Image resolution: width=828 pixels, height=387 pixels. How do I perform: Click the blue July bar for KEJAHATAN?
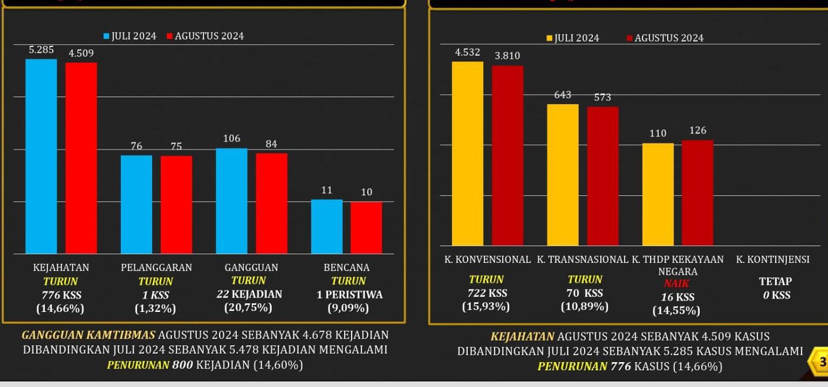[41, 156]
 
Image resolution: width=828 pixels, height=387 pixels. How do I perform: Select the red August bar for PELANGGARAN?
[176, 205]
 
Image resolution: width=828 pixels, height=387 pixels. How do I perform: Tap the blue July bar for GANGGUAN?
[231, 201]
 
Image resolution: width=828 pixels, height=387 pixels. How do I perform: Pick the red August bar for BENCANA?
[366, 227]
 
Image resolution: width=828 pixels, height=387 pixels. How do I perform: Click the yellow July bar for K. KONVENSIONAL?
[468, 154]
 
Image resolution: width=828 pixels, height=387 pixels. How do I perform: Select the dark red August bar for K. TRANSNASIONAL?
[603, 176]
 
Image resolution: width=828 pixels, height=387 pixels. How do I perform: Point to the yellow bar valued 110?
[658, 194]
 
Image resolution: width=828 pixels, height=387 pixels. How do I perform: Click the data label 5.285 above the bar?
[41, 50]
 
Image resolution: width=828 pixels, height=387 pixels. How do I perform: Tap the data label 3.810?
[508, 56]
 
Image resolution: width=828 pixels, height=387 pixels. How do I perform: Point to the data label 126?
[697, 131]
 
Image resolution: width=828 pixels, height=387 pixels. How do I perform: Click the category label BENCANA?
[346, 267]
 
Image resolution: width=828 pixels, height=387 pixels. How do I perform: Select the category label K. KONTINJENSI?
[772, 260]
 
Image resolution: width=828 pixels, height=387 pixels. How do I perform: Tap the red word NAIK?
[677, 283]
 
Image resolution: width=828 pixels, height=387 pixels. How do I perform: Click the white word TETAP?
[775, 281]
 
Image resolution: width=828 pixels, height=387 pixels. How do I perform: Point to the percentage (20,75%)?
[248, 308]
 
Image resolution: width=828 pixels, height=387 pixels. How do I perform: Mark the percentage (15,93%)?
[485, 307]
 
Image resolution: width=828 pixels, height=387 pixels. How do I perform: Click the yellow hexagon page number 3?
[821, 362]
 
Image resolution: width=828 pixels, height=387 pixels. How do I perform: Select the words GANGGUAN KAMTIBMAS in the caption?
[88, 335]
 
